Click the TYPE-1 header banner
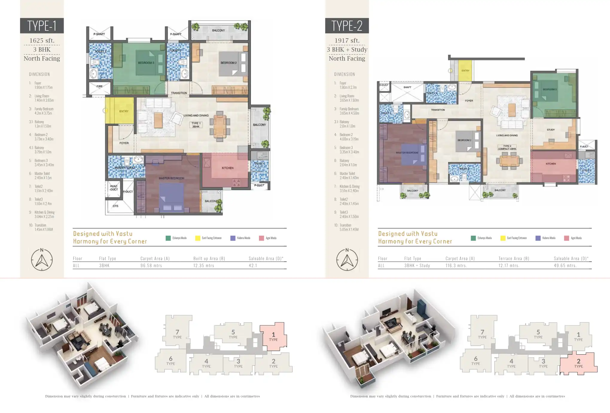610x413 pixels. click(x=42, y=26)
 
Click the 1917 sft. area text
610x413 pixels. click(x=347, y=40)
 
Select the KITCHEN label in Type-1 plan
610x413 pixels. click(x=228, y=168)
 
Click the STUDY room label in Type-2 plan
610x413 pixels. click(x=550, y=130)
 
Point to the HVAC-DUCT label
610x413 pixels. click(x=114, y=188)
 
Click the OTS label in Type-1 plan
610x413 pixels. click(x=115, y=206)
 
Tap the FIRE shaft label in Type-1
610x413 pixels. click(x=100, y=86)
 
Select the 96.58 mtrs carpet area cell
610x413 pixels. click(x=151, y=266)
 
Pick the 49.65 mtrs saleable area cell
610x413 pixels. click(x=565, y=266)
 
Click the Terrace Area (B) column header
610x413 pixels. click(x=514, y=258)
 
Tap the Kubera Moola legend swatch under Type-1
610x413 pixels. click(x=233, y=238)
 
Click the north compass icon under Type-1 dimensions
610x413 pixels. click(x=42, y=260)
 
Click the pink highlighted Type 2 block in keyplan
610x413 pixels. click(x=578, y=363)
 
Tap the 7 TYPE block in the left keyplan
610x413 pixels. click(x=177, y=334)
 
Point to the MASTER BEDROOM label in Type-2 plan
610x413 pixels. click(x=407, y=153)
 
